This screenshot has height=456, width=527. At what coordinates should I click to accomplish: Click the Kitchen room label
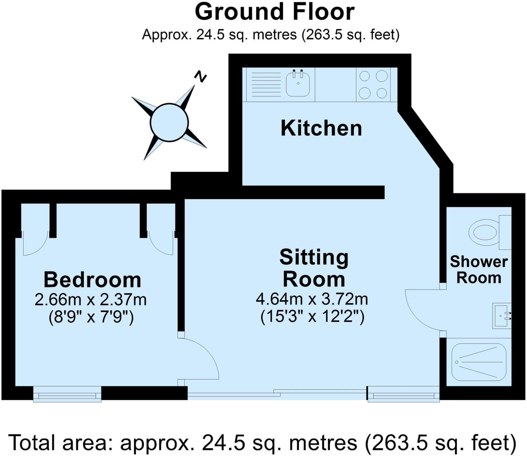[x=321, y=128]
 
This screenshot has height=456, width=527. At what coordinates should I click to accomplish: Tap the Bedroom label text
[x=92, y=280]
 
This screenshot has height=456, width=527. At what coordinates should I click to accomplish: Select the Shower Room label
[x=479, y=270]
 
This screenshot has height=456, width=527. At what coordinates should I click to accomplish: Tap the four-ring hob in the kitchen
[x=373, y=85]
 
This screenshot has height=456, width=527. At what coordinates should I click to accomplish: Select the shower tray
[x=479, y=362]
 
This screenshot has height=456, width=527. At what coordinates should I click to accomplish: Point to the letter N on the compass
[x=200, y=76]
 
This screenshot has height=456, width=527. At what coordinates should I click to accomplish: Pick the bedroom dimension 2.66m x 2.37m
[x=91, y=300]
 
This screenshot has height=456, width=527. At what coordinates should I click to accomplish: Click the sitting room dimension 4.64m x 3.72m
[x=312, y=299]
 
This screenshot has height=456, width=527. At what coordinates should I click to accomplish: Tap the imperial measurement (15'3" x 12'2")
[x=312, y=316]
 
